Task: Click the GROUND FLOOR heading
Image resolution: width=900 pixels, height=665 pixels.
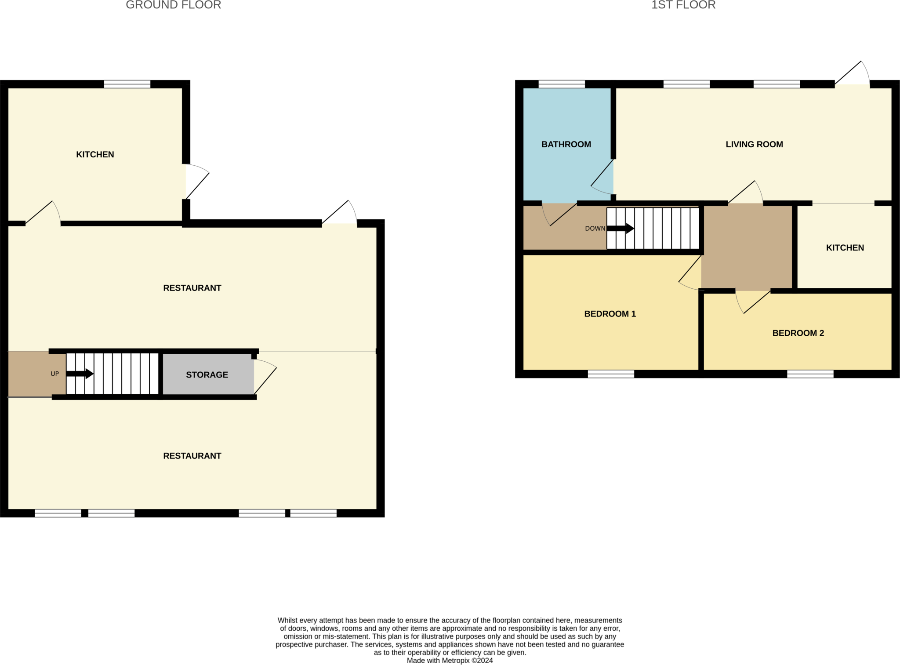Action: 173,5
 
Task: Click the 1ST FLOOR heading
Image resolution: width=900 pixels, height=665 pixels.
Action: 683,5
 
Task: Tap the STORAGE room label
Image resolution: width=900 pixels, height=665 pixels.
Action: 207,375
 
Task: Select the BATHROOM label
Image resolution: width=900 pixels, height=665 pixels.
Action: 566,144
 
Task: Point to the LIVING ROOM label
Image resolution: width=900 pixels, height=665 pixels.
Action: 754,144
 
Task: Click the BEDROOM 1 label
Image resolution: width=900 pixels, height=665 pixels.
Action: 610,314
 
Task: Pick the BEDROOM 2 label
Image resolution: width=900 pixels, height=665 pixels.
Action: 798,333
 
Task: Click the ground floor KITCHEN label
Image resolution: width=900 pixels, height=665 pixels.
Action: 95,154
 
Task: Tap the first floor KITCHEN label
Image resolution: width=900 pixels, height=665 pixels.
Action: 845,247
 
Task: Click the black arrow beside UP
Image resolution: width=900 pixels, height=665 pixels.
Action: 80,374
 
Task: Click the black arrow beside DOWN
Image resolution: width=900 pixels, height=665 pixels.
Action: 621,229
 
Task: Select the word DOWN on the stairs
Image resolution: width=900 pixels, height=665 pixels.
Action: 595,229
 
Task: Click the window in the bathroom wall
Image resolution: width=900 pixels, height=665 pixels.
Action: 562,84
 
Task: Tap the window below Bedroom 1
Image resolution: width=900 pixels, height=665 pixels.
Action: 611,374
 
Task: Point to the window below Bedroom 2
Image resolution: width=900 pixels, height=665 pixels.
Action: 810,374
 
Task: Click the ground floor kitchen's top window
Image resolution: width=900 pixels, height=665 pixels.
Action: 127,84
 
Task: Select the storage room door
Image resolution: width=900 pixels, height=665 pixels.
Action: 265,377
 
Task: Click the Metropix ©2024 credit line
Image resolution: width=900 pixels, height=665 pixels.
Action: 450,661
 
